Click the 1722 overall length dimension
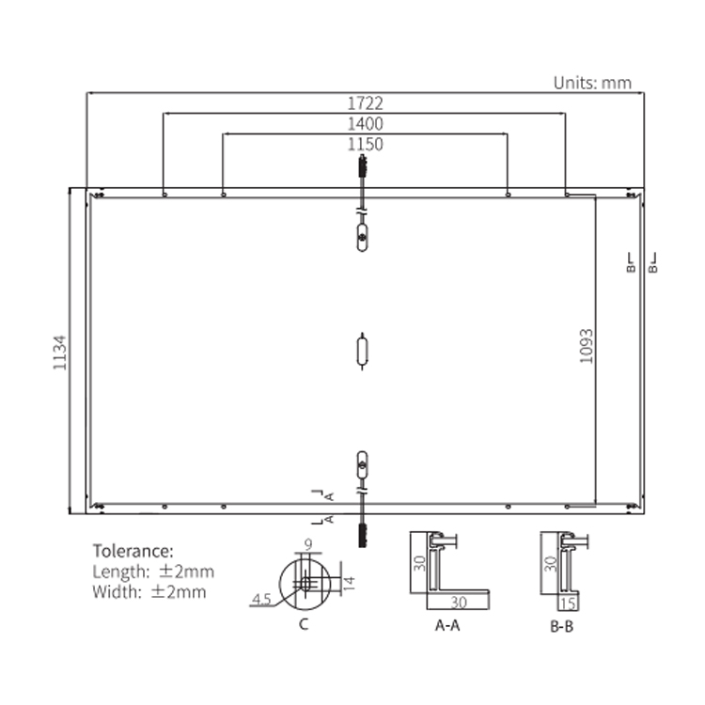pyautogui.click(x=365, y=103)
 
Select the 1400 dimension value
pyautogui.click(x=365, y=124)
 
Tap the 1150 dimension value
pyautogui.click(x=365, y=145)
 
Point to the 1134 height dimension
pyautogui.click(x=60, y=352)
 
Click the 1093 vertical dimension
pyautogui.click(x=587, y=346)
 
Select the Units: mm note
pyautogui.click(x=592, y=83)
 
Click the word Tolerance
pyautogui.click(x=133, y=551)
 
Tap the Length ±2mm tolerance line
pyautogui.click(x=153, y=572)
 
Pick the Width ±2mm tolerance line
pyautogui.click(x=149, y=591)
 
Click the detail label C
pyautogui.click(x=304, y=624)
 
